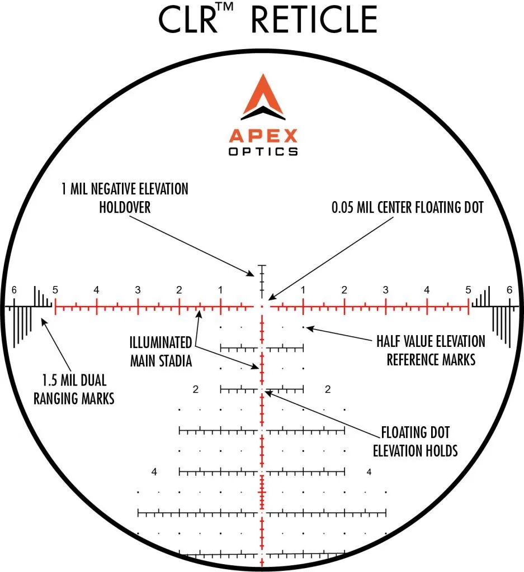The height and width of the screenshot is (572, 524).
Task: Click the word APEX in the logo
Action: tap(263, 136)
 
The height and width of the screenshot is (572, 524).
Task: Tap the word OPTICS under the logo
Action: tap(263, 151)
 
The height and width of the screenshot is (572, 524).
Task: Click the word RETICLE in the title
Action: tap(314, 20)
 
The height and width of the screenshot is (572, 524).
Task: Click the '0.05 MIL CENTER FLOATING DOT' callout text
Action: tap(408, 207)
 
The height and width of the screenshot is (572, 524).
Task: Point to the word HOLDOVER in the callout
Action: tap(125, 207)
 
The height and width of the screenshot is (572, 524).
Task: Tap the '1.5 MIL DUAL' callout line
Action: tap(74, 380)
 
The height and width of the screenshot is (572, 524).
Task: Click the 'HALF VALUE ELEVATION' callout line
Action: tap(431, 341)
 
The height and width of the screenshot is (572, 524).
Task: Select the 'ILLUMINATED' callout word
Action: tap(160, 342)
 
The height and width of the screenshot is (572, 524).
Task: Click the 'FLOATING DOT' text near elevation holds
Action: tap(416, 432)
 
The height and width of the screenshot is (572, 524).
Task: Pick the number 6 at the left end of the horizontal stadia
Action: tap(14, 290)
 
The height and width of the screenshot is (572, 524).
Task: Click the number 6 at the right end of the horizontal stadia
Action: tap(509, 290)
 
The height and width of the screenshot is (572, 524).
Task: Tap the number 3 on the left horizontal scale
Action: tap(138, 290)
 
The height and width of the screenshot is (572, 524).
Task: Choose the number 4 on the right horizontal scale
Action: tap(427, 290)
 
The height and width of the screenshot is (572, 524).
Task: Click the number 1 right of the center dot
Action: tap(303, 290)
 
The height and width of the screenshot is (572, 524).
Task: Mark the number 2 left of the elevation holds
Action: tap(196, 389)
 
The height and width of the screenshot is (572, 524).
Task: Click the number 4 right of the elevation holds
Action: tap(369, 472)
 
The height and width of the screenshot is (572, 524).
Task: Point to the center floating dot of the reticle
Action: tap(262, 307)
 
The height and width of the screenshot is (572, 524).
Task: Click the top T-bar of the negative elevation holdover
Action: tap(262, 265)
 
